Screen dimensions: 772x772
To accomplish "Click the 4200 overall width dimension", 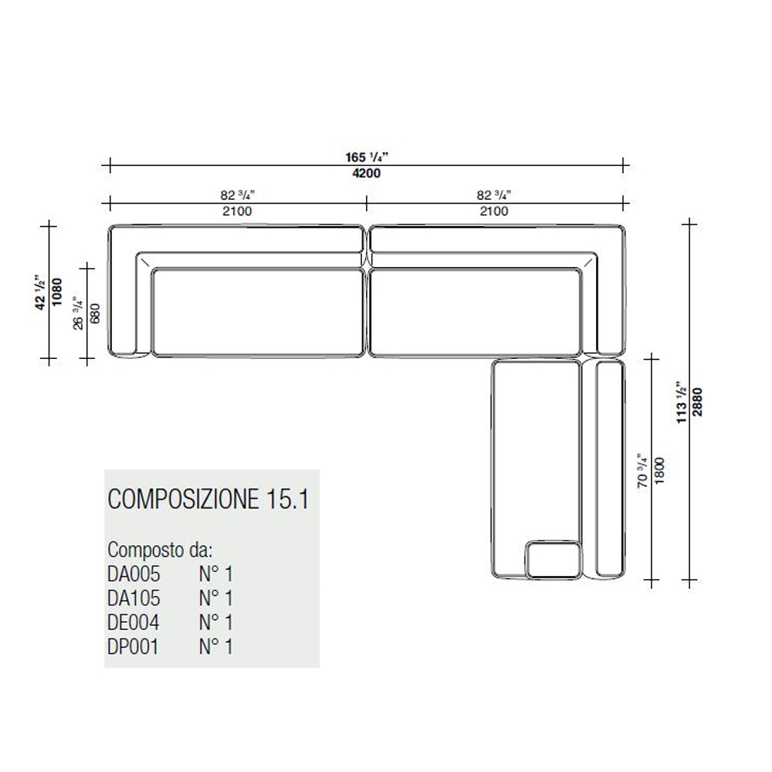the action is (x=366, y=173).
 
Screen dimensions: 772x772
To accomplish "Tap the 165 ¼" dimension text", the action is (x=367, y=157).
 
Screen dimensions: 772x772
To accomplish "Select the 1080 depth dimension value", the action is (x=58, y=292).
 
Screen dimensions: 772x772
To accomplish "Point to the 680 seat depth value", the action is (x=96, y=313).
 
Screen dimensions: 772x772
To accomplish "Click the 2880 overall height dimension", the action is (x=698, y=402).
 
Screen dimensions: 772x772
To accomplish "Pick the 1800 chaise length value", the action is (x=660, y=471).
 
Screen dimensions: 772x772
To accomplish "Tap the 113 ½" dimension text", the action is (x=682, y=402).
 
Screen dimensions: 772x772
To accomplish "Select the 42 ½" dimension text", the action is (x=42, y=292).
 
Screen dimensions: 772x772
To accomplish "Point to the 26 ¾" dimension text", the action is (x=79, y=313).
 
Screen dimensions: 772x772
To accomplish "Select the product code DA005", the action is (x=134, y=574).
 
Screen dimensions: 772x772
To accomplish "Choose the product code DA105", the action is (x=134, y=598).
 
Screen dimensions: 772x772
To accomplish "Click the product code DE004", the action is (x=134, y=622).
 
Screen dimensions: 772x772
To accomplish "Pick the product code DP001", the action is (x=134, y=647).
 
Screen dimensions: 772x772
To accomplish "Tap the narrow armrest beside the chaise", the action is (x=610, y=469).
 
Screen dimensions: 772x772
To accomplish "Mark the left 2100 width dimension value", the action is (x=237, y=212).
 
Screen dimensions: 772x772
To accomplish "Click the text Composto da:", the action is (x=160, y=550).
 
